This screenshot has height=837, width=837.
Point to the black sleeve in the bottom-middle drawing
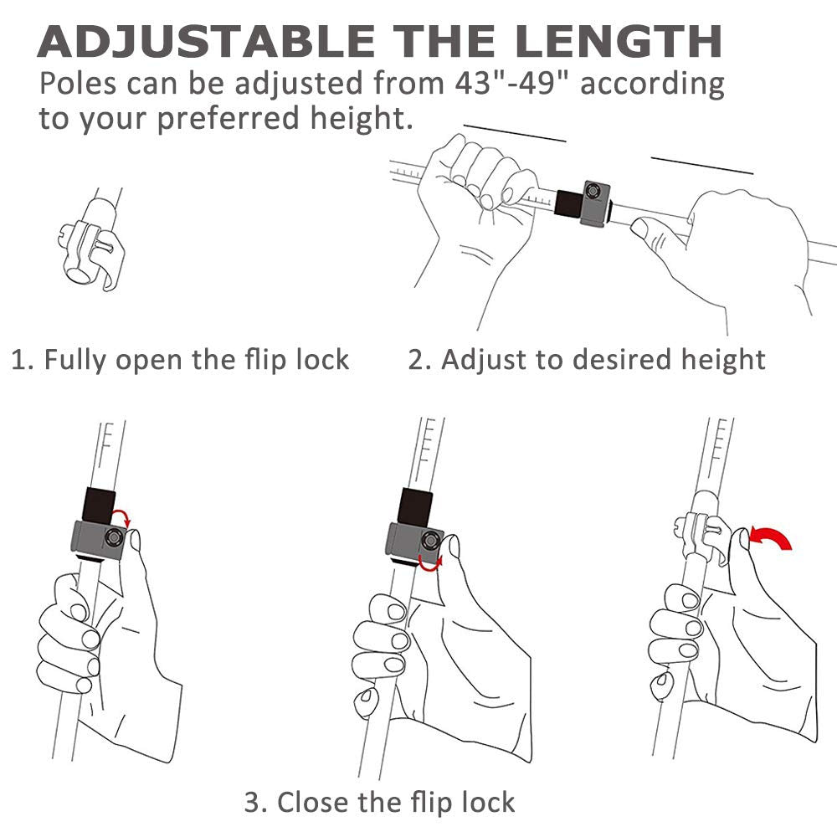[x=415, y=506]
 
